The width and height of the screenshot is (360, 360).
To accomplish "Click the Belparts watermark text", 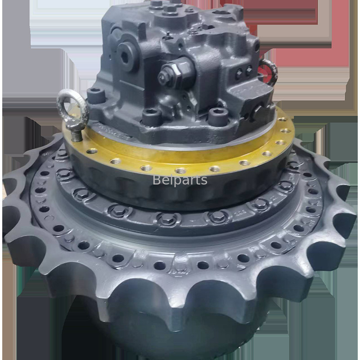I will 180,180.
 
